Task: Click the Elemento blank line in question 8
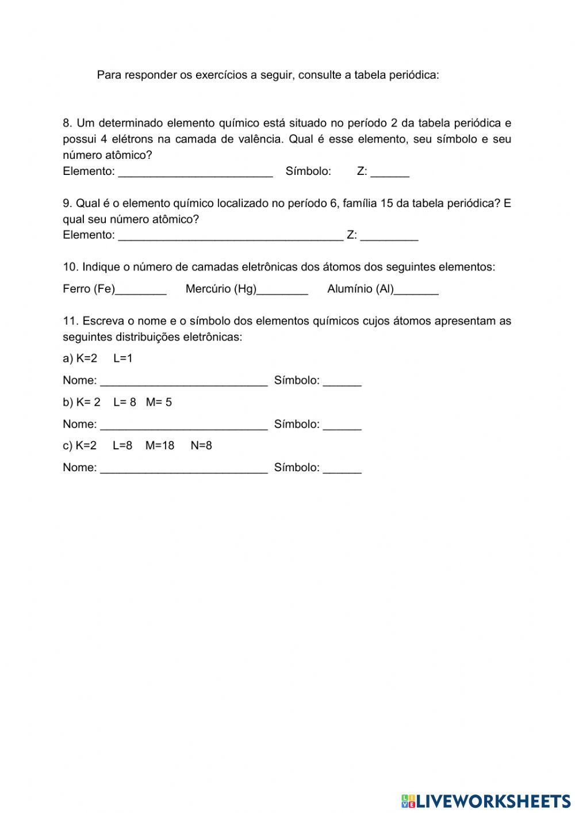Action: [195, 171]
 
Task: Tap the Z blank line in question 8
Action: [390, 171]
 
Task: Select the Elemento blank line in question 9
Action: [231, 235]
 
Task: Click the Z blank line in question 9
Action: [389, 235]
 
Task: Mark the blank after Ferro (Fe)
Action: [141, 289]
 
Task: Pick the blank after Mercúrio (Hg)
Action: [282, 289]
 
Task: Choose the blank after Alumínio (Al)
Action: [416, 289]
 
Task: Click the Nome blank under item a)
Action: [184, 380]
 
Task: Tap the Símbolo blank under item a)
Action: [342, 380]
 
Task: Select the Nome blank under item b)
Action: [184, 425]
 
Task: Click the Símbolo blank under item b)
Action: [342, 425]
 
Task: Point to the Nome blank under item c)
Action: [184, 468]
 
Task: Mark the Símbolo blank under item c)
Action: [342, 468]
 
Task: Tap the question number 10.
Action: [70, 267]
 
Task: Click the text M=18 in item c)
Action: [160, 445]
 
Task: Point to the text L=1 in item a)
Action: [123, 358]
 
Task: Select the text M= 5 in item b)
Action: [159, 402]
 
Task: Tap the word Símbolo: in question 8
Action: [308, 171]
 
